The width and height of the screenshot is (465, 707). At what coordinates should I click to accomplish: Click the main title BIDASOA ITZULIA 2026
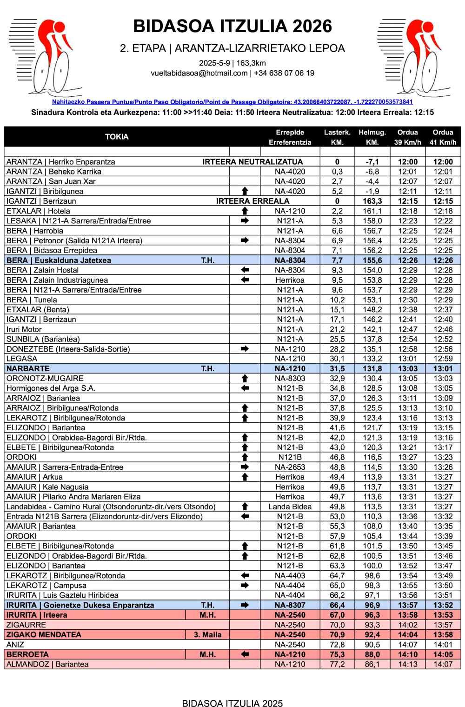point(232,27)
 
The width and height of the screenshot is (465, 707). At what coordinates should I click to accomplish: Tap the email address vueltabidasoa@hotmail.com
point(199,73)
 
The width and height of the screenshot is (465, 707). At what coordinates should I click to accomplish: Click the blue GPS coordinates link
point(232,102)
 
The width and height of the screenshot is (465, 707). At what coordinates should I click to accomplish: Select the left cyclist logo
point(45,57)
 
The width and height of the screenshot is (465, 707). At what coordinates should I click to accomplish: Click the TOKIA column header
point(117,137)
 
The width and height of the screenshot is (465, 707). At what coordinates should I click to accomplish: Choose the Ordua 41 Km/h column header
point(443,137)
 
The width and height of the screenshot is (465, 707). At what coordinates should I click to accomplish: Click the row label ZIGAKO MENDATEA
point(44,634)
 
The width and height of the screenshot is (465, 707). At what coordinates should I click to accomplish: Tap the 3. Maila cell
point(207,634)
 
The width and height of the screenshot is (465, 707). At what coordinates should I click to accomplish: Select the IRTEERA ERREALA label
point(253,201)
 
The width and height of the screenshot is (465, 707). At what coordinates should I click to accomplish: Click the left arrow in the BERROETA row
point(245,654)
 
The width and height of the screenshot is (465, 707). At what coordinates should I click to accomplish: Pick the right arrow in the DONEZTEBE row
point(245,349)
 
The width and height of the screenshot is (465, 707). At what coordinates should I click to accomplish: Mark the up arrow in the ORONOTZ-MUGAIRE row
point(245,379)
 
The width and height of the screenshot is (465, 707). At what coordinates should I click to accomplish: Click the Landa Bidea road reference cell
point(290,507)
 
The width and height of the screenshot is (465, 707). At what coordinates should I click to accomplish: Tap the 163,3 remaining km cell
point(372,201)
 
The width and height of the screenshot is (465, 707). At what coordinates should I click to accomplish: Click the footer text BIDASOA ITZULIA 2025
point(232,703)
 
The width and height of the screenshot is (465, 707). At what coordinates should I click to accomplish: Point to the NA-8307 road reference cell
point(290,605)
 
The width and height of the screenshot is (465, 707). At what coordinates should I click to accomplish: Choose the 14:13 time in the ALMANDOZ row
point(407,664)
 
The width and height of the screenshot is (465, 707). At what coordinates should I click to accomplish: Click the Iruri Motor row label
point(24,329)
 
